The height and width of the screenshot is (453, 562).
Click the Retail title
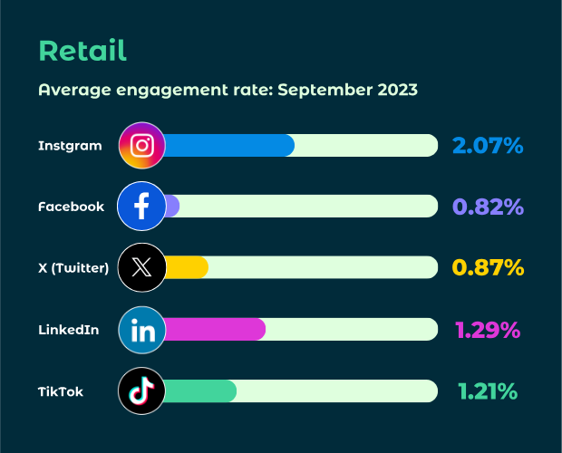tap(82, 51)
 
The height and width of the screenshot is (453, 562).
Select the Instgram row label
tap(70, 145)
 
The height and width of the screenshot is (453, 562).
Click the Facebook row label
tap(72, 207)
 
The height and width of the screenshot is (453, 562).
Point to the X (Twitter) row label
tap(73, 268)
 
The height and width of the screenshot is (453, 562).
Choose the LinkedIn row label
tap(69, 330)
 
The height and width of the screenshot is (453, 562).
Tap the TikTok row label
tap(61, 391)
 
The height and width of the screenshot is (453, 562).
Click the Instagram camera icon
tap(142, 145)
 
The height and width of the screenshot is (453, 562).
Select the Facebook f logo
tap(142, 207)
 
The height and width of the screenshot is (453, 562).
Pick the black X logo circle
tap(142, 268)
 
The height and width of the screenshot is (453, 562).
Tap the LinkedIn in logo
tap(142, 330)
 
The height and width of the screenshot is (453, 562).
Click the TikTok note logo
tap(142, 391)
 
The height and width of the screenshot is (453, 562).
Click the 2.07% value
tap(488, 145)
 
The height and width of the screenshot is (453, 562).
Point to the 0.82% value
tap(488, 207)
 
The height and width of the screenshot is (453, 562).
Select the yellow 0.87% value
tap(488, 268)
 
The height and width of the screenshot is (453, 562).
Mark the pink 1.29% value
tap(488, 330)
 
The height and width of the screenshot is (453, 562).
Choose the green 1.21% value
tap(488, 391)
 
